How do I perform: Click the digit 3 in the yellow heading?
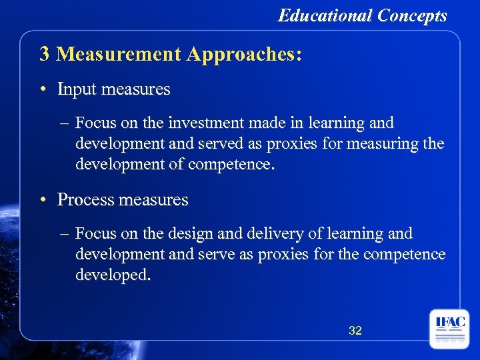(x=45, y=54)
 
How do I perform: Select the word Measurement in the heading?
(x=119, y=54)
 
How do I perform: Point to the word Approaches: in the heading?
(x=244, y=54)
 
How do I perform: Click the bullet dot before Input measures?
(x=44, y=89)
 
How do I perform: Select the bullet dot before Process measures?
(x=44, y=200)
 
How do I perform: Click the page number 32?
(x=355, y=330)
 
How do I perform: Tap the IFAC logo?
(x=449, y=329)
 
